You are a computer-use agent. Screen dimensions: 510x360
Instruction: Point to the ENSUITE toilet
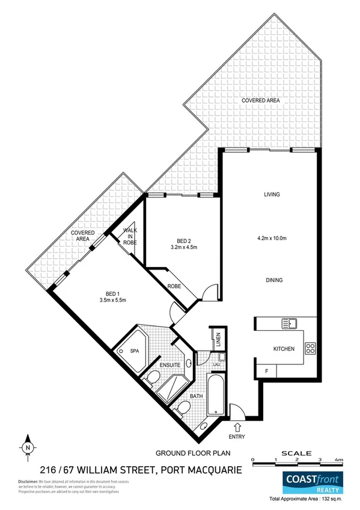point(153,379)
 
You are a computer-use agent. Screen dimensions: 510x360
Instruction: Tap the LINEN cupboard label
point(219,340)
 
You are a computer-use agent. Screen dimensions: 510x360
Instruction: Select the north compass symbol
point(28,447)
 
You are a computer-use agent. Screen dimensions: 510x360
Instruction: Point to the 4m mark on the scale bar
point(340,459)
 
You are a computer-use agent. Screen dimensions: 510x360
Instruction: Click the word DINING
point(272,280)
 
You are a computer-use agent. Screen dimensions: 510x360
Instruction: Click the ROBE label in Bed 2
point(174,286)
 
